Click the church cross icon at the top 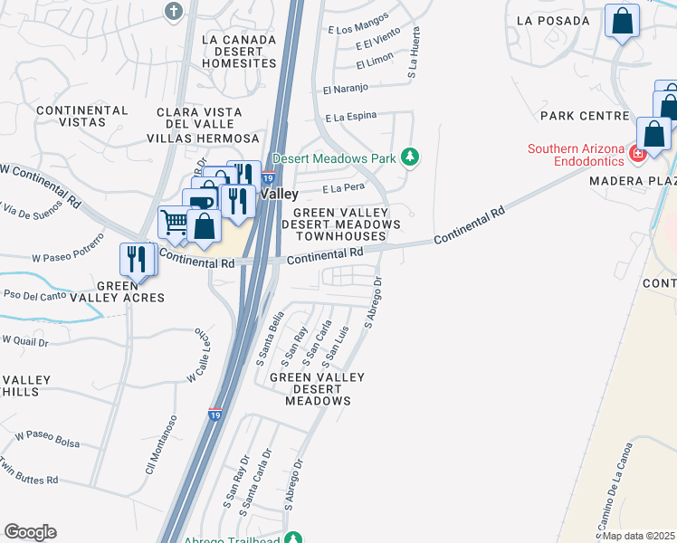(x=174, y=11)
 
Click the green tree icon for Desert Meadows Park (x=410, y=157)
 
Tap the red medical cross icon (x=638, y=154)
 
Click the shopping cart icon (x=175, y=223)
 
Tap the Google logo (x=30, y=532)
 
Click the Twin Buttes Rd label (x=27, y=480)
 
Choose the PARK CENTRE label (x=584, y=116)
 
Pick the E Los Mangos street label (x=361, y=24)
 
